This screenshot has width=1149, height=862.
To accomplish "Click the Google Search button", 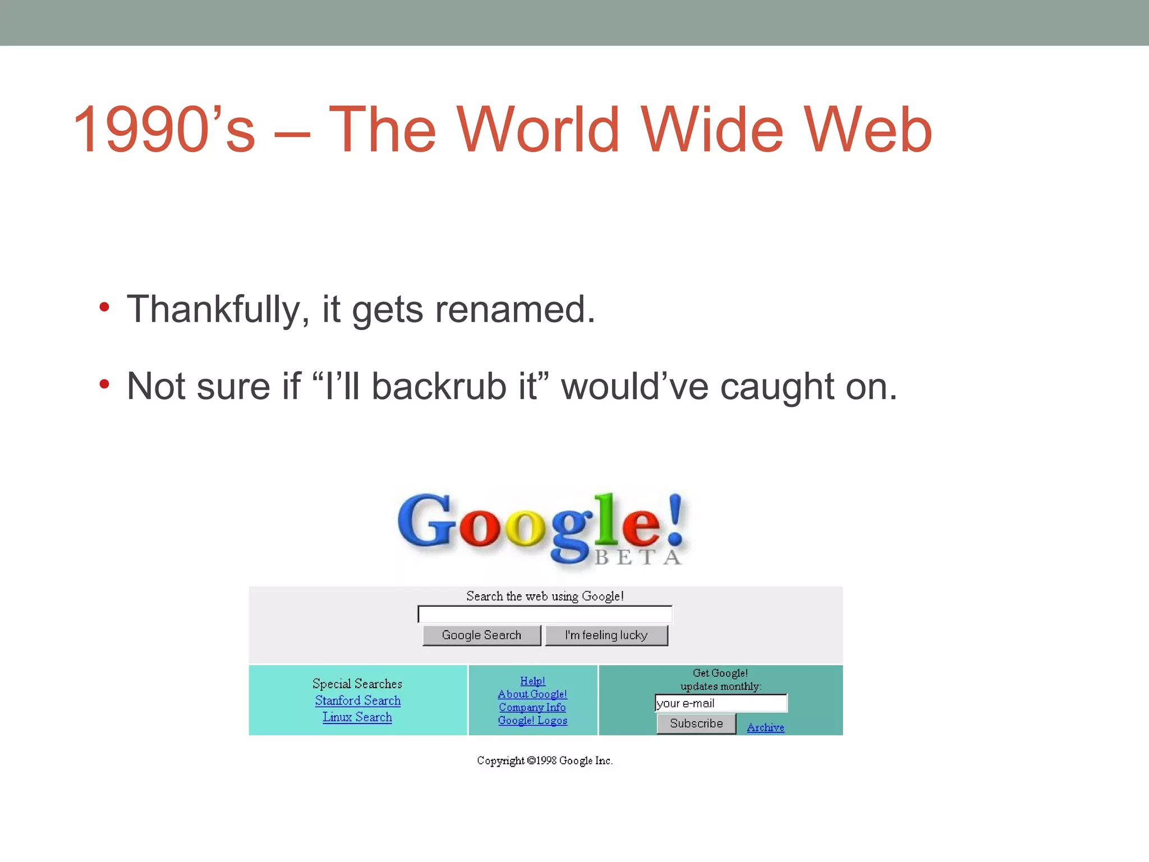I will pos(481,635).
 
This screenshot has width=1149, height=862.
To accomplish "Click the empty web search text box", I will pos(545,615).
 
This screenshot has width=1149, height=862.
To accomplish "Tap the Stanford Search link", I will pos(357,700).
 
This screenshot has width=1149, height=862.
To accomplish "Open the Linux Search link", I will pos(357,717).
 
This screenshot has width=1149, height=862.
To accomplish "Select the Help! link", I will pos(532,681).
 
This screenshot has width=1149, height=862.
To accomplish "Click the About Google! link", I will pos(532,694).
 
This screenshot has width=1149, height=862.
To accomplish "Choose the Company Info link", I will pos(532,707).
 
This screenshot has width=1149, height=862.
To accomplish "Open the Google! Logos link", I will pos(532,721).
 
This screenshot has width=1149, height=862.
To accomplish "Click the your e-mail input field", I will pos(721,703).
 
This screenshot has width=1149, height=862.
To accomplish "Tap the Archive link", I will pos(765,727).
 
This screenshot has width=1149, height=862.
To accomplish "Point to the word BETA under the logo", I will pos(638,557).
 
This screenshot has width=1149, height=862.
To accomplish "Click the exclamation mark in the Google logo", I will pos(675,519).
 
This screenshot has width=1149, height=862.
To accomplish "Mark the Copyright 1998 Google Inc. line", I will pos(545,760).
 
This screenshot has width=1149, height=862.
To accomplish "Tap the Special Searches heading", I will pos(357,684).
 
